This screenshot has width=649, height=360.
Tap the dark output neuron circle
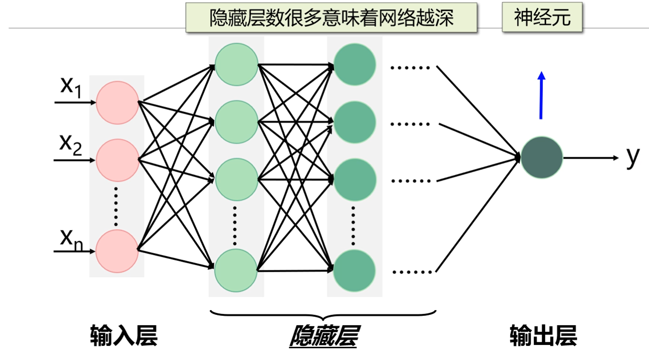[541, 157]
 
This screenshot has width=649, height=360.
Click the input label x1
[71, 87]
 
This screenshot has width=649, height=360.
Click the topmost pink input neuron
[117, 103]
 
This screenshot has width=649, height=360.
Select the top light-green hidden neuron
[236, 64]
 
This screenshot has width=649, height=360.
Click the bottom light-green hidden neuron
[236, 270]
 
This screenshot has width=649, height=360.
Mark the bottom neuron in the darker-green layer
[355, 270]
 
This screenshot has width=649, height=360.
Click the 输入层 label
[124, 336]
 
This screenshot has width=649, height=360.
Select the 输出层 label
[543, 336]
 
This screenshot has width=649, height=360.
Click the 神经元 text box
[542, 18]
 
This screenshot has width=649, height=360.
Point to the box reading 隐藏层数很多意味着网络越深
[331, 18]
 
